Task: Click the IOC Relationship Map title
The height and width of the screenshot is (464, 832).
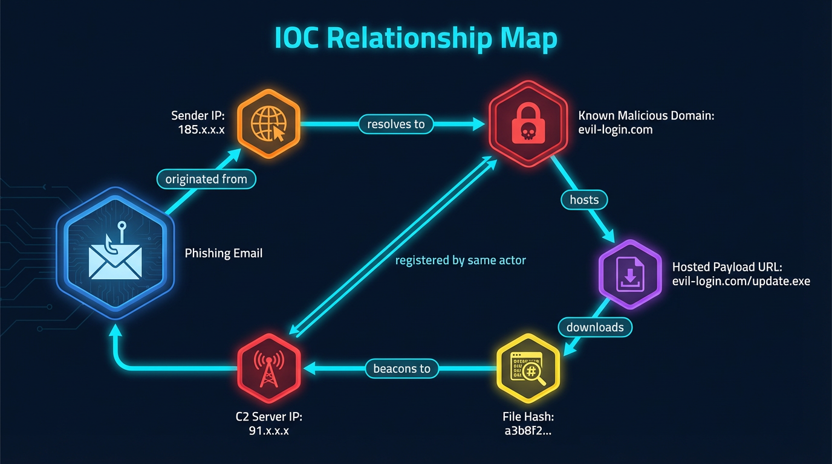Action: pos(415,39)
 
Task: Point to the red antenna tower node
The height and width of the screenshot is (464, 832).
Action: pos(268,368)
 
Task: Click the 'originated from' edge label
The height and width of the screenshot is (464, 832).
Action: pos(206,179)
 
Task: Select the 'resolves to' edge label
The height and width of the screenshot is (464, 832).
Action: pos(396,124)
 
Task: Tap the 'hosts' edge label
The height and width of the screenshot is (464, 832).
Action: pos(584,199)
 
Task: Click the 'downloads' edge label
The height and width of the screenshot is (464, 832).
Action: pos(595,327)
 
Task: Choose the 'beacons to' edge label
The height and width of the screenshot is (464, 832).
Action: pos(401,368)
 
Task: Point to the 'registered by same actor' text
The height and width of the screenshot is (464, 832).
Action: pos(460,260)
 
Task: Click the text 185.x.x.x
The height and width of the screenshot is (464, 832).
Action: pos(201,129)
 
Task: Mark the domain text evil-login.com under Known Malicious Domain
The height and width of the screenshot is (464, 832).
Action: pos(615,129)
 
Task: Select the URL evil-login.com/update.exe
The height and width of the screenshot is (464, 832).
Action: pos(741,281)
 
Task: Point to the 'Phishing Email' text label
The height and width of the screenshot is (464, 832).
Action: pos(223,253)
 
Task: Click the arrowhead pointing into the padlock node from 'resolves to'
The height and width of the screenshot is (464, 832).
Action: pos(479,125)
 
